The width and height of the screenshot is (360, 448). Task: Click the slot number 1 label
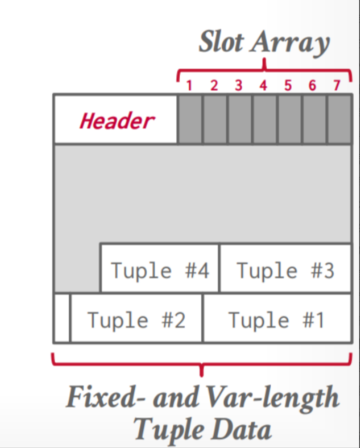(189, 85)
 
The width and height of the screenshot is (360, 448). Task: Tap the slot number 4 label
(263, 85)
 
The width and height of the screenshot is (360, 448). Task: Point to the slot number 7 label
(337, 85)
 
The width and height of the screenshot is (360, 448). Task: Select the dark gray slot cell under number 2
(214, 119)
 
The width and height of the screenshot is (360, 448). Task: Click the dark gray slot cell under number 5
(290, 119)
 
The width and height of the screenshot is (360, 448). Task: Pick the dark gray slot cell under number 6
(314, 119)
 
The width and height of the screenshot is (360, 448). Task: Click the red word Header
(117, 121)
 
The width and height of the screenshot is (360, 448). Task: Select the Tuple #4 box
(160, 268)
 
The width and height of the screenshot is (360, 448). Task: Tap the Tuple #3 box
(286, 268)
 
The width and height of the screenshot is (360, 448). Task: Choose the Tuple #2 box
(136, 318)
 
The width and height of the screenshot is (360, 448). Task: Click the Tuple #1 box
(277, 318)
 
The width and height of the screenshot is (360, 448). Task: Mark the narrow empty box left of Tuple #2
(62, 318)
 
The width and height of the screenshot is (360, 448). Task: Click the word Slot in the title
(221, 42)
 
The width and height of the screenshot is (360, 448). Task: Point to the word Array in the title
(290, 43)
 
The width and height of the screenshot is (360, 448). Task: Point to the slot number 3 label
(239, 85)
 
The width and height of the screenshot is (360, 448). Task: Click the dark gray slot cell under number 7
(340, 119)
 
